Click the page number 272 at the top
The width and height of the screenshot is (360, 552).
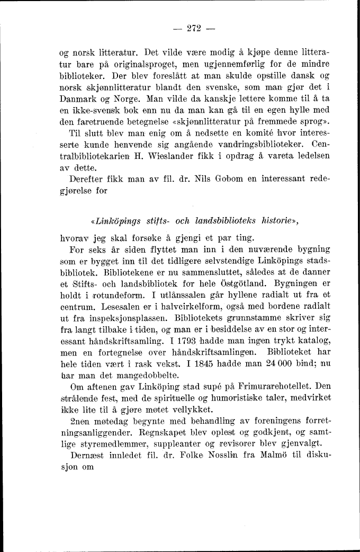pyautogui.click(x=189, y=29)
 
